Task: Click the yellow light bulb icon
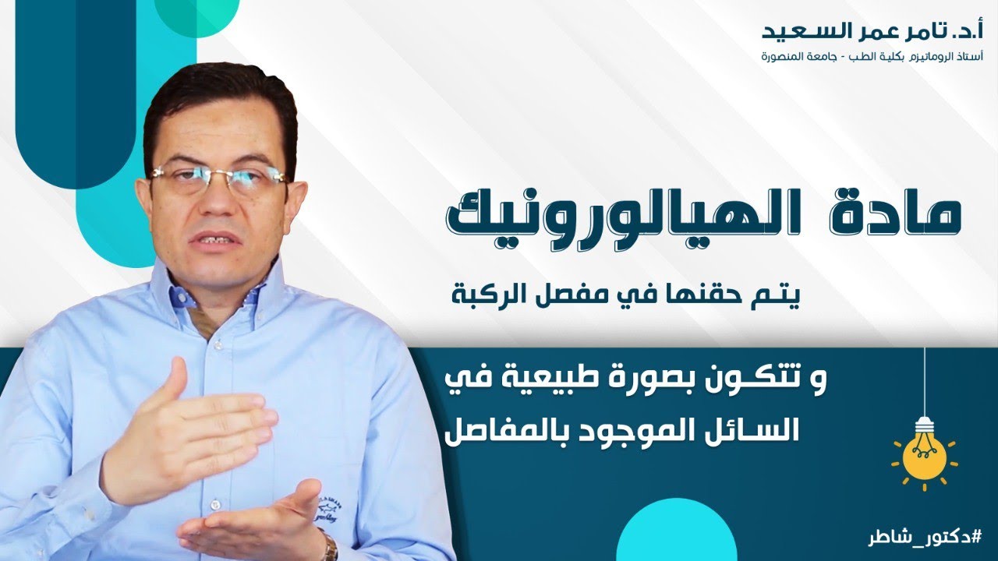pos(924,453)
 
